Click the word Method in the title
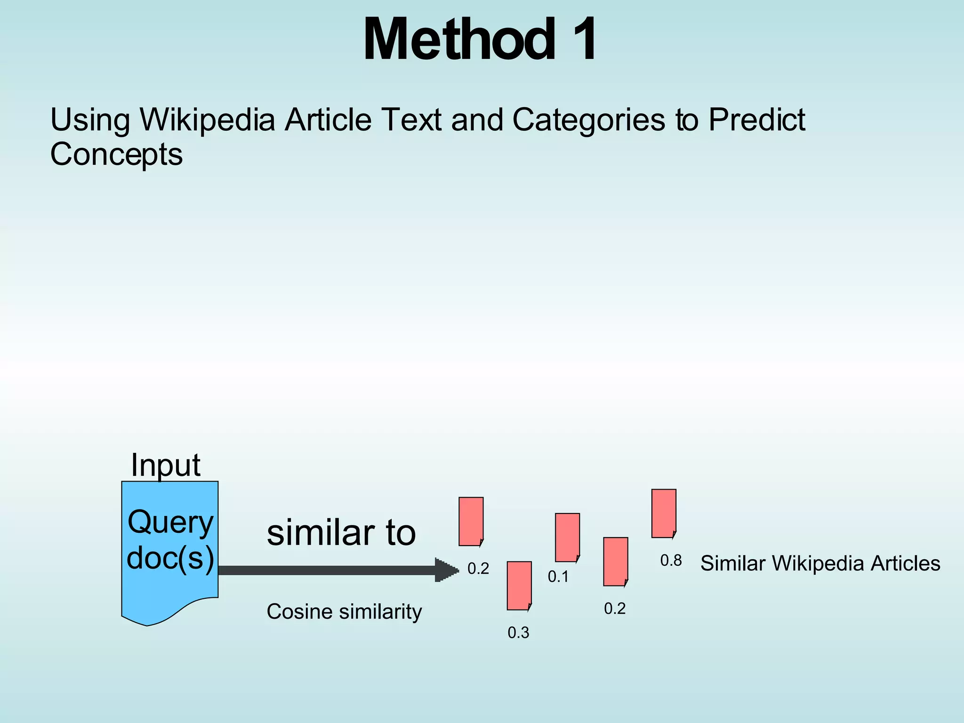[459, 40]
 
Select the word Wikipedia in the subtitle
[207, 120]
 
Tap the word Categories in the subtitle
[588, 120]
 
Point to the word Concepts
[116, 154]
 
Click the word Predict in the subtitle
[757, 120]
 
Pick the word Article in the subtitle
[328, 120]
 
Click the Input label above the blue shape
[165, 465]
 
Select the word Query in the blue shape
[170, 522]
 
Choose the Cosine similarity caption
[344, 611]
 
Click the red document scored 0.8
[664, 513]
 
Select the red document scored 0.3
[519, 586]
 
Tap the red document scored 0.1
[567, 538]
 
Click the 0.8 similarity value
[671, 561]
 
